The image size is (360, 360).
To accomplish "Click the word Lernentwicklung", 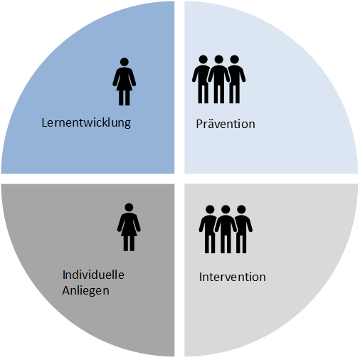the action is tap(86, 123).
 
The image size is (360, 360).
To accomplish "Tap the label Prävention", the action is tap(226, 124).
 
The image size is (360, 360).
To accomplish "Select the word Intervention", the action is tap(232, 277).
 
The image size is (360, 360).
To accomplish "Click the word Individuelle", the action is tap(93, 275).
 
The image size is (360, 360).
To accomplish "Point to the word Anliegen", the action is tap(85, 291).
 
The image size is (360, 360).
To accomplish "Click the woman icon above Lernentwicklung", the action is tap(124, 81).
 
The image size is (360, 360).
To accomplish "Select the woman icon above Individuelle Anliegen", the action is tap(129, 227).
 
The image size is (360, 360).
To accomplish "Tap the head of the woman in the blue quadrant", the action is tap(125, 62).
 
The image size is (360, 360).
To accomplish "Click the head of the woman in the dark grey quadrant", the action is tap(129, 207).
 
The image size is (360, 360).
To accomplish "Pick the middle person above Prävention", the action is tap(218, 79).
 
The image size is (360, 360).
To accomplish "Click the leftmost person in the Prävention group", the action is tap(201, 79).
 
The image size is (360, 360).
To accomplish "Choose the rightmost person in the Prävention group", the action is tap(236, 79).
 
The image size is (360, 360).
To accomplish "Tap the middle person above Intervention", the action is tap(226, 229).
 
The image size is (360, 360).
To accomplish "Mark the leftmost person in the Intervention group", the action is tap(208, 229).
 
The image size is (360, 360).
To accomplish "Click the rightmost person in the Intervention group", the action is tap(243, 229).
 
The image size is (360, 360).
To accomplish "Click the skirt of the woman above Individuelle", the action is tap(129, 230).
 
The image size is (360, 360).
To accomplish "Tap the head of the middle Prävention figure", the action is tap(218, 59).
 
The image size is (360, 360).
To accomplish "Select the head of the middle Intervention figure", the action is tap(226, 209).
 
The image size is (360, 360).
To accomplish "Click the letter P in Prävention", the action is tap(199, 124).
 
